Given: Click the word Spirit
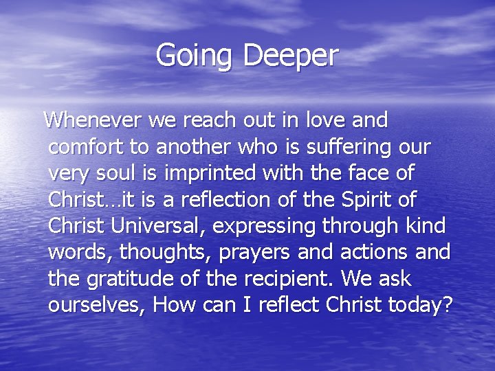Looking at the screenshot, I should point(367,200).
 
